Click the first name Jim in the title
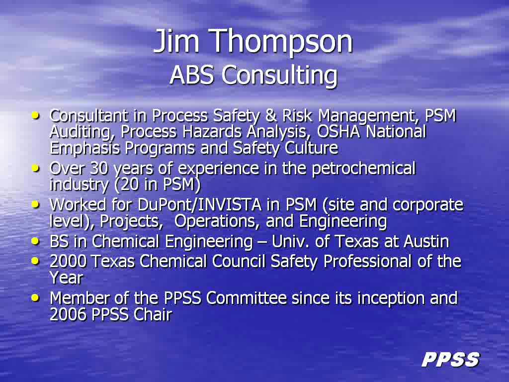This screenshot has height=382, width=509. [x=176, y=42]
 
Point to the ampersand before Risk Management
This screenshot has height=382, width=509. [x=271, y=115]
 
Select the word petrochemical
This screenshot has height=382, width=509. [x=363, y=169]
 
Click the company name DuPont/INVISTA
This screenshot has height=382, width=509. [x=199, y=205]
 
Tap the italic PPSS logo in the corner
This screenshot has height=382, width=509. [x=450, y=360]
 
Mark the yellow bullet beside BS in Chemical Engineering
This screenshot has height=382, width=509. [x=35, y=241]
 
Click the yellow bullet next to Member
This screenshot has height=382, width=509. [x=35, y=297]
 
